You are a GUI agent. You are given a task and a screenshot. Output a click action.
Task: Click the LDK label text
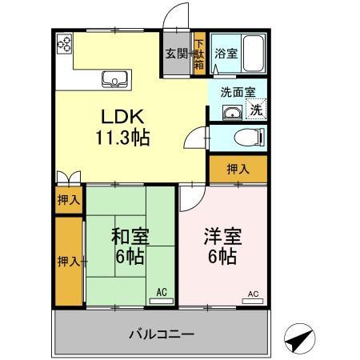122,115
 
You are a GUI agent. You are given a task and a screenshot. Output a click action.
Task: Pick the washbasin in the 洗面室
231,112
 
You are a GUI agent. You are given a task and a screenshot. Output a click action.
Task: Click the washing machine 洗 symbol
255,110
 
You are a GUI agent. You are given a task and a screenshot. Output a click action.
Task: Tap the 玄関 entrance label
177,54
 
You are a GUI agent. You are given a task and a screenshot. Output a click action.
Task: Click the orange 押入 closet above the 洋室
238,169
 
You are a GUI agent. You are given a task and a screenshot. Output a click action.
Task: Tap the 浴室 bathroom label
225,54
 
